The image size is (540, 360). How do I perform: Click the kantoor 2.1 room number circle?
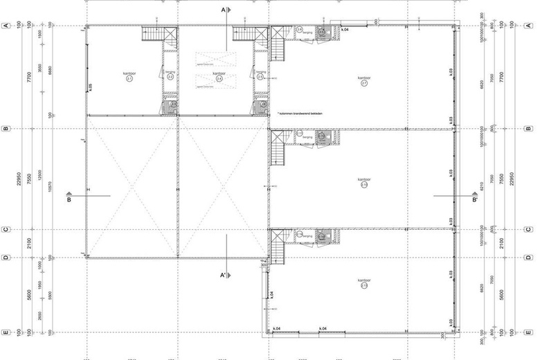pyautogui.click(x=129, y=80)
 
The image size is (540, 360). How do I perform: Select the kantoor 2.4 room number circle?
pyautogui.click(x=219, y=80)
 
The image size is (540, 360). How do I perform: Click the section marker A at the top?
pyautogui.click(x=224, y=10)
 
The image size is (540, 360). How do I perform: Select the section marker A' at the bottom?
pyautogui.click(x=224, y=275)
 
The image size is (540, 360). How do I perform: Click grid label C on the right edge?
pyautogui.click(x=530, y=229)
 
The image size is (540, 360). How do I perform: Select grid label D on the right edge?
pyautogui.click(x=530, y=258)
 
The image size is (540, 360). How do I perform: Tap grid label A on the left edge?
pyautogui.click(x=6, y=25)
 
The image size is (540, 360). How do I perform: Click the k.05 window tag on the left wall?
pyautogui.click(x=91, y=87)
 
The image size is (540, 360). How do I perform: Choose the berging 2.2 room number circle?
pyautogui.click(x=170, y=77)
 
